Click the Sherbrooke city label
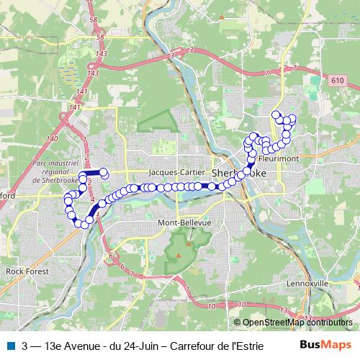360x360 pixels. (238, 174)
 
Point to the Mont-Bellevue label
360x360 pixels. (184, 224)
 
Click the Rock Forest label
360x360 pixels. (25, 271)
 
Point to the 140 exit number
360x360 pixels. (51, 138)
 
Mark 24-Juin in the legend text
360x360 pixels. (143, 346)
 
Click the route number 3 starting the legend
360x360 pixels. (25, 346)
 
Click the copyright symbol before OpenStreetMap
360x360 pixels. (238, 322)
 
